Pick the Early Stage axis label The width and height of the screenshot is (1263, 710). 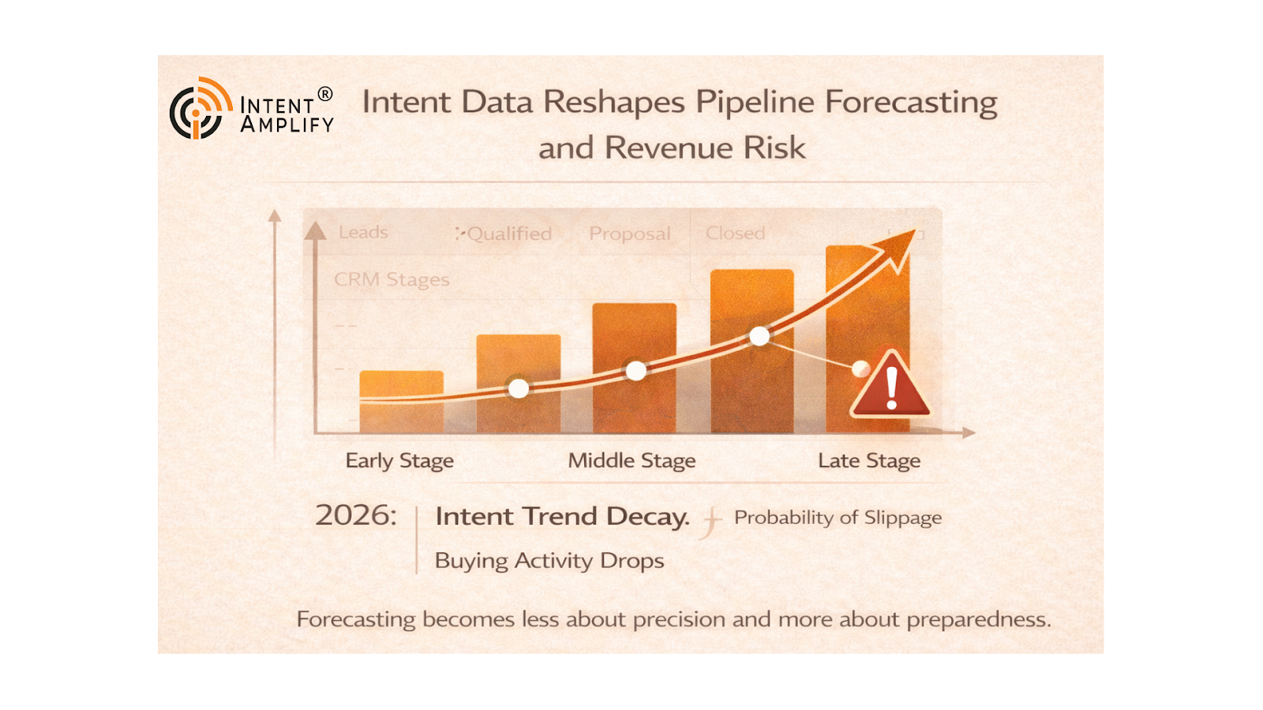pos(399,461)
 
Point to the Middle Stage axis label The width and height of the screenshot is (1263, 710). pos(631,461)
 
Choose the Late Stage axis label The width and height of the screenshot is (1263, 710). pos(869,461)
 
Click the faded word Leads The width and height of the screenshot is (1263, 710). pos(363,233)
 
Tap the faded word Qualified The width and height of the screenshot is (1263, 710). pos(509,234)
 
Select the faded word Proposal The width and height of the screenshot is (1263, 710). pos(629,234)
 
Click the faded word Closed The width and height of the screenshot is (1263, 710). pos(735,234)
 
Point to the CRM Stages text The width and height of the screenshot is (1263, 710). pos(392,280)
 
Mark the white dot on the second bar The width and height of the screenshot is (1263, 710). pos(519,388)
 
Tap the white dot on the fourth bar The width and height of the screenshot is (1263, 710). pos(759,337)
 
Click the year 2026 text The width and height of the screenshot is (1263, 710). pos(355,516)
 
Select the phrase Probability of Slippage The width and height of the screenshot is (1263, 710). pos(838,518)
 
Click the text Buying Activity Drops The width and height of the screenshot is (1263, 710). pos(549,561)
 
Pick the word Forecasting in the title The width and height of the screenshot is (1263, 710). pos(911,103)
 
